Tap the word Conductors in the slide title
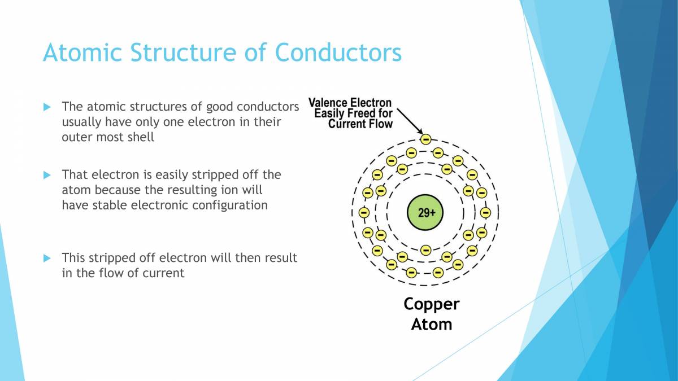pos(338,52)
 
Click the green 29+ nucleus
pos(425,213)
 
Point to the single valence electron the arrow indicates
pos(425,139)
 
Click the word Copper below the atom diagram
pos(431,304)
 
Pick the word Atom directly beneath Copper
pos(431,324)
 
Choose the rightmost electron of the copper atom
pos(485,213)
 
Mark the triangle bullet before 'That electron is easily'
pos(47,175)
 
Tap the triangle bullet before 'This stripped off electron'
pos(47,258)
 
